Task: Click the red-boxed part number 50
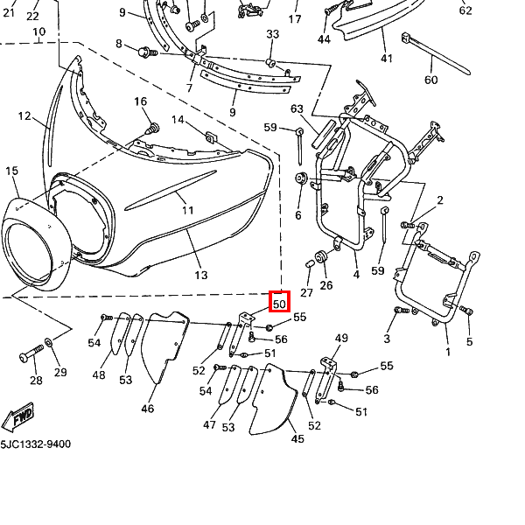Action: coord(279,303)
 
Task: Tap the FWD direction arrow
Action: coord(20,419)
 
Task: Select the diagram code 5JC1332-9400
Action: coord(36,444)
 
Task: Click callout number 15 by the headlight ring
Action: coord(12,171)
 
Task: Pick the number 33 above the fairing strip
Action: coord(272,34)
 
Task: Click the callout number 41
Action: coord(387,59)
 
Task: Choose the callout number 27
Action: coord(306,292)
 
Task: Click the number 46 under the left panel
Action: coord(147,408)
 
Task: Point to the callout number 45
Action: coord(297,438)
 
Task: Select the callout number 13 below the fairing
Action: coord(201,275)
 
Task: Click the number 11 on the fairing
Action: coord(187,211)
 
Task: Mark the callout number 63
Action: coord(297,109)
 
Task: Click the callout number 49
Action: coord(341,339)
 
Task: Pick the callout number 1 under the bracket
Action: coord(448,353)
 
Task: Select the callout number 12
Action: coord(24,116)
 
